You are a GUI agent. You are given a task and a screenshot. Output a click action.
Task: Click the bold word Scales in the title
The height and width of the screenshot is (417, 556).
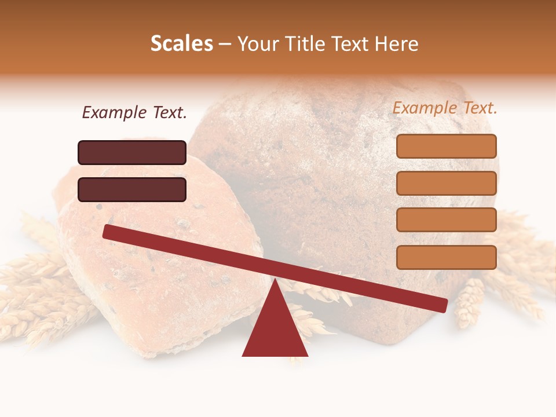[182, 43]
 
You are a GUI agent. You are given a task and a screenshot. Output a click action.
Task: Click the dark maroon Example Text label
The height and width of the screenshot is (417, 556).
[134, 113]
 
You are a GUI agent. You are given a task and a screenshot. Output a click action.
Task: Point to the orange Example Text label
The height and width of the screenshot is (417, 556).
[445, 108]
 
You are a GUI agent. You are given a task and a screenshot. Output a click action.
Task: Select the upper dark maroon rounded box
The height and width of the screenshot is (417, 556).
[132, 152]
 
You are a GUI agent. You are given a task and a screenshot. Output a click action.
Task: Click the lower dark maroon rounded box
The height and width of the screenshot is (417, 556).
[132, 189]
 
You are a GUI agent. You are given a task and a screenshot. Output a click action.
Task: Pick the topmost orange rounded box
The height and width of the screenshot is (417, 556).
[446, 146]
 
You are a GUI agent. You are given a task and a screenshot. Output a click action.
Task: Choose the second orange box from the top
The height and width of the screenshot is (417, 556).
[446, 183]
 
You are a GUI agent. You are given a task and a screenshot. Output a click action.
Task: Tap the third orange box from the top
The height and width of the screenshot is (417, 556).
[446, 220]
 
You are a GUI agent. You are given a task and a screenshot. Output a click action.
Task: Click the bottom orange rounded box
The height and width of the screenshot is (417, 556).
[446, 257]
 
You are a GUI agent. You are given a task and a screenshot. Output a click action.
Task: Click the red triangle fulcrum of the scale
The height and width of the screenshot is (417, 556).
[275, 330]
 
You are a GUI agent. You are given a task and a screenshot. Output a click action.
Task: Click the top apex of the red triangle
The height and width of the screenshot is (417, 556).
[275, 280]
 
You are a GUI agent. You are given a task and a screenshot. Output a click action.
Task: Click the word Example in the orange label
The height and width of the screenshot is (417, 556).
[425, 108]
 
